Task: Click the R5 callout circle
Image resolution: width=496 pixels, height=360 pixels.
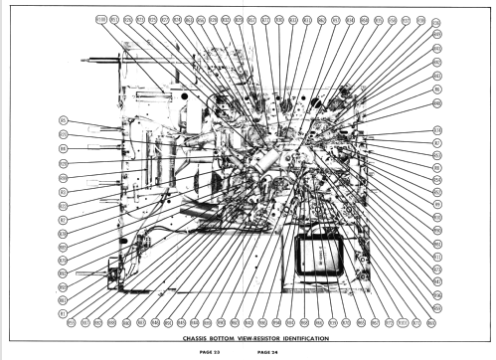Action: (x=63, y=121)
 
